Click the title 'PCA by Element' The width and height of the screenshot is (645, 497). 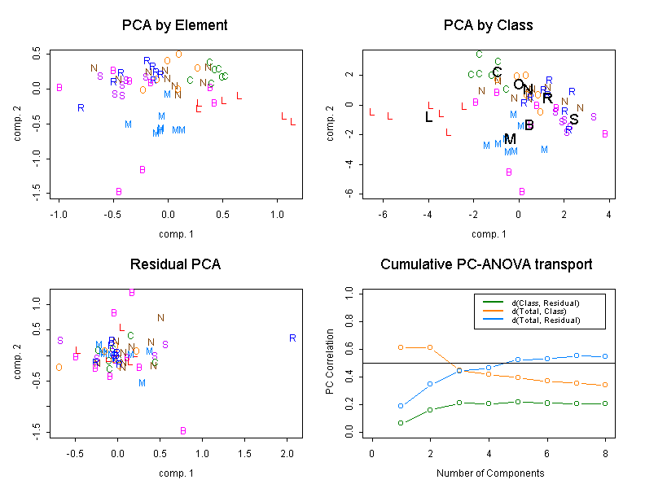pyautogui.click(x=174, y=25)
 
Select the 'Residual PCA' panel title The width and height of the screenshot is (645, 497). pyautogui.click(x=174, y=265)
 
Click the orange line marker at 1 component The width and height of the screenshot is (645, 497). pyautogui.click(x=401, y=347)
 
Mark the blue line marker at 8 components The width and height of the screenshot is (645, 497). pyautogui.click(x=603, y=356)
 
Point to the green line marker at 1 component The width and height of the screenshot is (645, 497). pyautogui.click(x=401, y=423)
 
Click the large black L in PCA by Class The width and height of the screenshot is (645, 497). pyautogui.click(x=429, y=117)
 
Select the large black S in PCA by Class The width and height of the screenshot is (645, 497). pyautogui.click(x=574, y=120)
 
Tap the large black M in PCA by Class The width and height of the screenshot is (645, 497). pyautogui.click(x=511, y=139)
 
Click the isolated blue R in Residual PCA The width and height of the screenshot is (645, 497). pyautogui.click(x=292, y=338)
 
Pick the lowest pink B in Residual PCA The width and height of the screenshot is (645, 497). pyautogui.click(x=183, y=431)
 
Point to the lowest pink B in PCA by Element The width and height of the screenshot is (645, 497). pyautogui.click(x=119, y=192)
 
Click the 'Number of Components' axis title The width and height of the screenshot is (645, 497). pyautogui.click(x=489, y=473)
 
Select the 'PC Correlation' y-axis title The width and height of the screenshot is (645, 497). pyautogui.click(x=330, y=362)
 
